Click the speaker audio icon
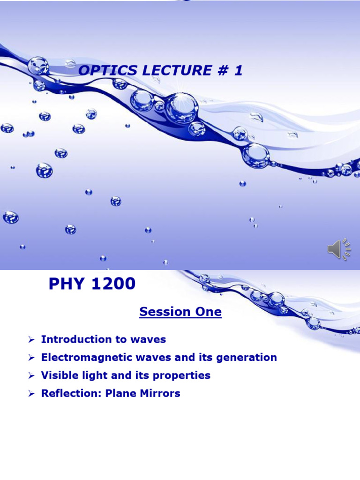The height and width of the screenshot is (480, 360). click(338, 249)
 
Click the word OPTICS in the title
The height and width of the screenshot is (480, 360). click(102, 71)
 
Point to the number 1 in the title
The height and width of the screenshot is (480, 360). click(239, 71)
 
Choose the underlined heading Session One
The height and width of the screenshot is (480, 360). click(180, 312)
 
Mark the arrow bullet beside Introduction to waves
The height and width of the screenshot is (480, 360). click(31, 339)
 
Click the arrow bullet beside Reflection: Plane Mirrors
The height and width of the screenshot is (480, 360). click(31, 394)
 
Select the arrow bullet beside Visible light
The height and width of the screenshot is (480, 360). click(31, 376)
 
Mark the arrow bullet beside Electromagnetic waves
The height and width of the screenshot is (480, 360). click(31, 358)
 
